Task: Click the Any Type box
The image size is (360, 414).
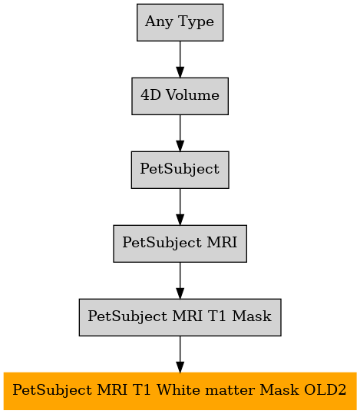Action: tap(180, 22)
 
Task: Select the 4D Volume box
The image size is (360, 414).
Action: tap(180, 96)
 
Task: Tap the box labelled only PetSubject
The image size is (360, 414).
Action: tap(180, 170)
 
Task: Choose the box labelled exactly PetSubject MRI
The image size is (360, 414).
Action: tap(180, 243)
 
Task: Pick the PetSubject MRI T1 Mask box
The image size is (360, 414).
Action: tap(180, 317)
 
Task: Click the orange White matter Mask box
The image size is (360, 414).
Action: tap(180, 391)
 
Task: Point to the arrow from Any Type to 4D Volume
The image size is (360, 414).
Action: tap(180, 59)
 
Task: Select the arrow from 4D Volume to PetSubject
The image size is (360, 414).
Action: tap(180, 133)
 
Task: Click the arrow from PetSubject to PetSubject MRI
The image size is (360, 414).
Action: tap(180, 207)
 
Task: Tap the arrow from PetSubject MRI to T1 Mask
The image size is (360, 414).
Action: tap(180, 280)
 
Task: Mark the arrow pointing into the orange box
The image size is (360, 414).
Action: tap(180, 354)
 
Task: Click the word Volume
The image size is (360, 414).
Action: tap(193, 95)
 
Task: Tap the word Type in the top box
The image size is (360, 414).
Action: tap(196, 22)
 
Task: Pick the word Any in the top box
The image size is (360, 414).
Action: tap(159, 22)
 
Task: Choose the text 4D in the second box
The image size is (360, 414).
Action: tap(150, 95)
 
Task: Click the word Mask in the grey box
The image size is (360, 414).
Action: tap(252, 316)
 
